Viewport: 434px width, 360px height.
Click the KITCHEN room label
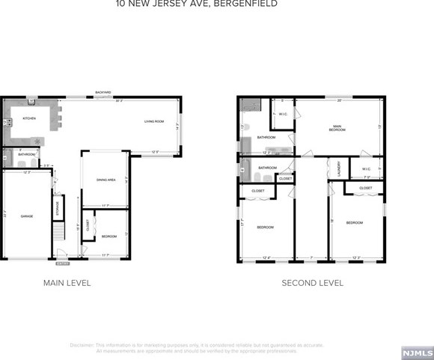29,118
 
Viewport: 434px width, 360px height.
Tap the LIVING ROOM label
154,120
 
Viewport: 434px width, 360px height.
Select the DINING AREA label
106,180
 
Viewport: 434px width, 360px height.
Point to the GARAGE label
27,216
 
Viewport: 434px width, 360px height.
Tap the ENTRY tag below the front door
62,263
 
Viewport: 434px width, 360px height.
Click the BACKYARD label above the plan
103,92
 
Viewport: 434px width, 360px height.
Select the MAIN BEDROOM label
337,128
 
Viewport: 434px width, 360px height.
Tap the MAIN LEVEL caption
67,283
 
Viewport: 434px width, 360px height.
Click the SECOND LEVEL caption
312,283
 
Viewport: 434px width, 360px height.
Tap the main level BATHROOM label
27,154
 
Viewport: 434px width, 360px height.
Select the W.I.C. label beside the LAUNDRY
367,168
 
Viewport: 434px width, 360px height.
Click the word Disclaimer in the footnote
82,345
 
